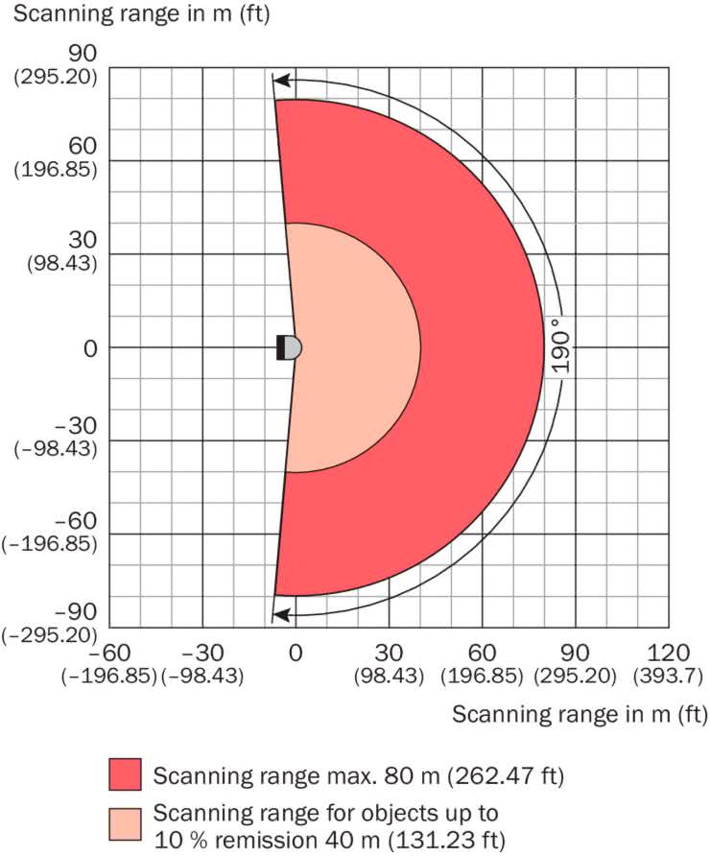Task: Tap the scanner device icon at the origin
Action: point(289,347)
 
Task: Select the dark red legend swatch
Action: point(124,774)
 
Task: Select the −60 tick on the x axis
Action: point(108,653)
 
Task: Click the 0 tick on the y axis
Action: point(90,348)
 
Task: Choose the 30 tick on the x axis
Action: point(389,653)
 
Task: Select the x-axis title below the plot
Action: point(579,715)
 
